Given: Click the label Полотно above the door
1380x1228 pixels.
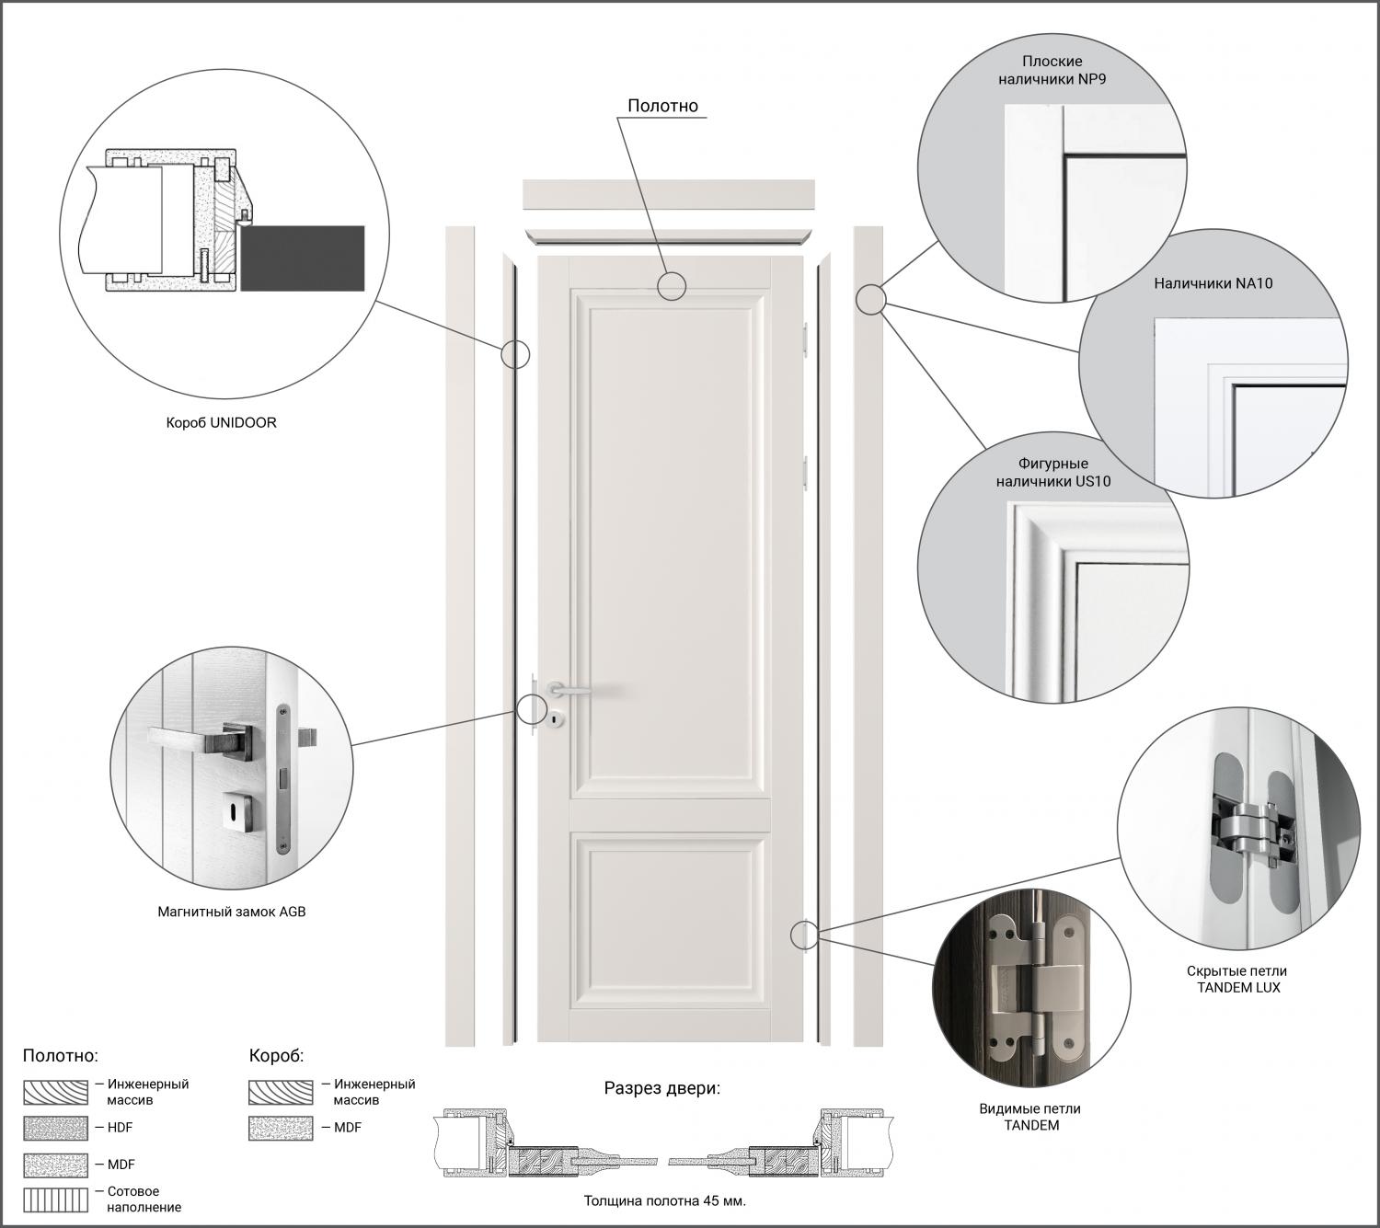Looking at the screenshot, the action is coord(662,106).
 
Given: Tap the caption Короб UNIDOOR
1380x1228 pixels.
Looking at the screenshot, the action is coord(222,423).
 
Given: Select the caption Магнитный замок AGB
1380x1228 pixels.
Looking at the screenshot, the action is coord(232,912).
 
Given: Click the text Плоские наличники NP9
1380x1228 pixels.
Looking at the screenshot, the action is coord(1052,70).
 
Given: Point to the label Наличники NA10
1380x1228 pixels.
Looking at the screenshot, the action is coord(1213,283).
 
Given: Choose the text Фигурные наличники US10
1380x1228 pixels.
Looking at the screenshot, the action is coord(1053,473).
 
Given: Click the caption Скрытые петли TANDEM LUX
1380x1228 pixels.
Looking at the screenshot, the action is coord(1237,980).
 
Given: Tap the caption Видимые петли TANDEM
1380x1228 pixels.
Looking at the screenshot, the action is coord(1029,1117).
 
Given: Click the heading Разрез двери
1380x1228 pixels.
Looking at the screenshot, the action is coord(662,1087).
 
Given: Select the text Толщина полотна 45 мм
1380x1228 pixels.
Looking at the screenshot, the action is coord(665,1200).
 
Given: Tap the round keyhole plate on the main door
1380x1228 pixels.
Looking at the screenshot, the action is coord(558,717).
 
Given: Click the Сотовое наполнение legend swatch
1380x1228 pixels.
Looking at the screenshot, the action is coord(56,1200).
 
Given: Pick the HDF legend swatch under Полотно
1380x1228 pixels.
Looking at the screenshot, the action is coord(56,1128).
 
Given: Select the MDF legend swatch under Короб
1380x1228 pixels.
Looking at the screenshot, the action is coord(281,1128).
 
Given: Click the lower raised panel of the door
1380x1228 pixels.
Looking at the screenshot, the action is coord(671,920).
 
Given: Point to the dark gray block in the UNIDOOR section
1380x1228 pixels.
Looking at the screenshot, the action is coord(302,258).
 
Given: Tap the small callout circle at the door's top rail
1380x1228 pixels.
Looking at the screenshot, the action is coord(672,286).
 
